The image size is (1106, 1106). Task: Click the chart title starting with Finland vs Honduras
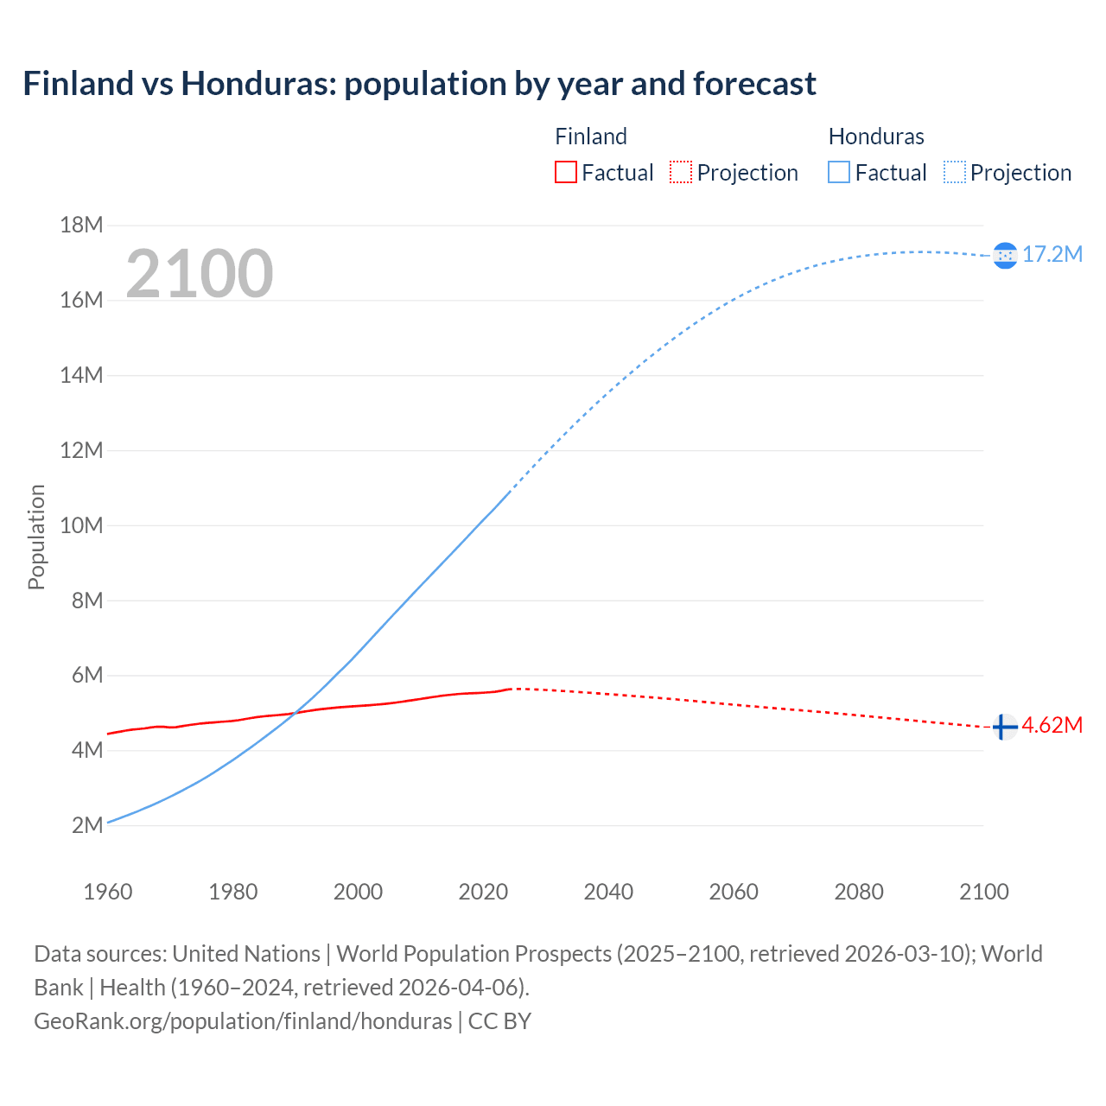tap(419, 84)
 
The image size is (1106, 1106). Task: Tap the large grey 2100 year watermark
tap(200, 274)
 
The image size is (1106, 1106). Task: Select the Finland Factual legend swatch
tap(565, 173)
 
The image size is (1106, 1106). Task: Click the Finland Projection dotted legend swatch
tap(681, 173)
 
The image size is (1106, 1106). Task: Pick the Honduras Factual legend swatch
tap(838, 173)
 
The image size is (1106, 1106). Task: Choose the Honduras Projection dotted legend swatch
tap(954, 173)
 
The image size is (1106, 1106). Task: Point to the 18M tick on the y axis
tap(82, 226)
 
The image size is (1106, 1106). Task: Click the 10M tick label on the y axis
tap(82, 525)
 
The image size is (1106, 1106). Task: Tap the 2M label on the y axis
tap(87, 825)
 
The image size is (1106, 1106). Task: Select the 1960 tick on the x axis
tap(108, 892)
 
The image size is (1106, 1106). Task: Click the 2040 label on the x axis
tap(608, 892)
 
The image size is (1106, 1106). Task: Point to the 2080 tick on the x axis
tap(859, 892)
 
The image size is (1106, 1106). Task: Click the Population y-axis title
tap(36, 537)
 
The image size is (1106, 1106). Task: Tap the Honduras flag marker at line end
tap(1005, 255)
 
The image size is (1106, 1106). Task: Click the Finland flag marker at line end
tap(1003, 728)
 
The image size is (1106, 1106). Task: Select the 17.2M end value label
tap(1052, 254)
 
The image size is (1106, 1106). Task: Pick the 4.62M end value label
tap(1052, 725)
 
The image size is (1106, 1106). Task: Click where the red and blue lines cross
tap(296, 712)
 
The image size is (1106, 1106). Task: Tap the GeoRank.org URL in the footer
tap(243, 1021)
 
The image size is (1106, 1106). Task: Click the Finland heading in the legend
tap(591, 137)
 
